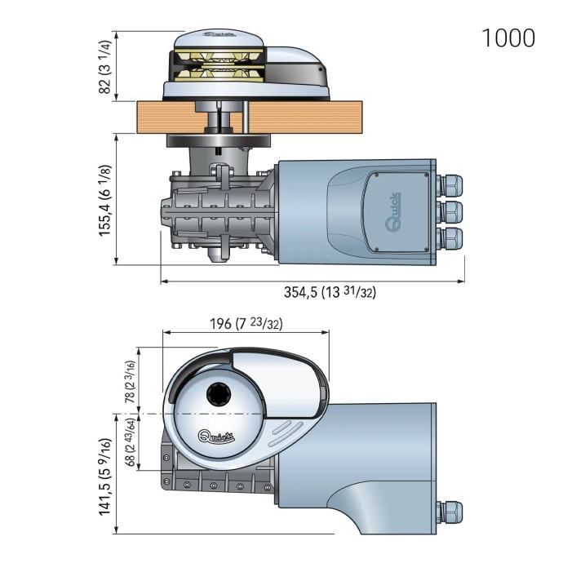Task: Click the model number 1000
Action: (x=508, y=38)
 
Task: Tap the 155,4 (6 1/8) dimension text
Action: (x=105, y=200)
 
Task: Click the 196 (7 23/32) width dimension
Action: (x=246, y=324)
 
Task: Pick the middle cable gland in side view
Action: (x=449, y=211)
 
